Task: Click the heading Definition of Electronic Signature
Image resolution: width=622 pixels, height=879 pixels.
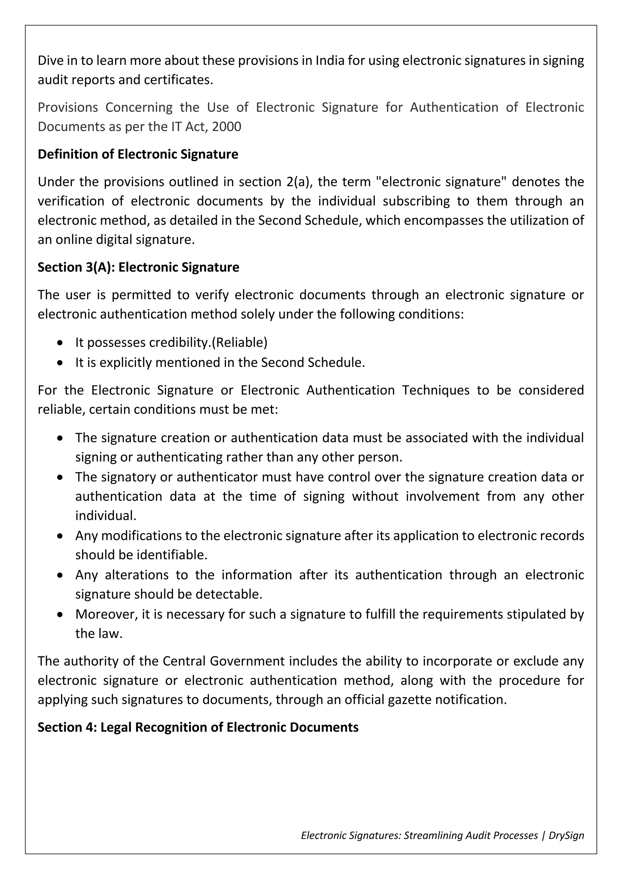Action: point(138,154)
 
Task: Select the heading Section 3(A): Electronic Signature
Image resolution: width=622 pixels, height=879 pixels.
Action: point(138,267)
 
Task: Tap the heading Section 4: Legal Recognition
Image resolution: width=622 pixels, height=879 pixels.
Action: point(198,728)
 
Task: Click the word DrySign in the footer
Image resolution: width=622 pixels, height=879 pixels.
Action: point(566,835)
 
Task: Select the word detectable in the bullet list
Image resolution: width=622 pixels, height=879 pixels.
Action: point(229,594)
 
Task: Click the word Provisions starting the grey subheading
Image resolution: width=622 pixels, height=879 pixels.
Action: point(68,107)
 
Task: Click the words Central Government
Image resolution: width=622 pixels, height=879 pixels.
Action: point(224,661)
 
